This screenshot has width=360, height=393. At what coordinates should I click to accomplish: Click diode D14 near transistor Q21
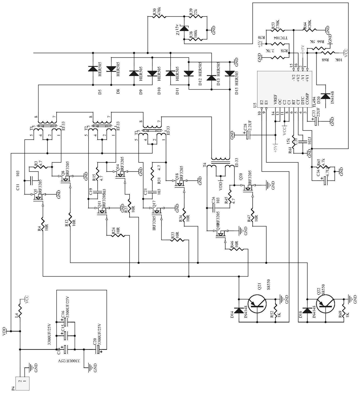click(x=239, y=310)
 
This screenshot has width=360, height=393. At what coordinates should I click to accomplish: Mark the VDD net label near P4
click(x=5, y=331)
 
